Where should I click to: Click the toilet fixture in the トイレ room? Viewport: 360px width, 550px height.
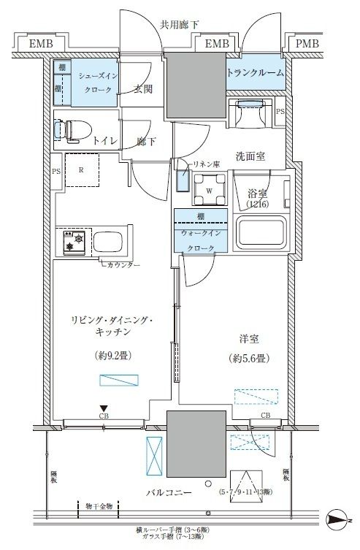click(x=73, y=131)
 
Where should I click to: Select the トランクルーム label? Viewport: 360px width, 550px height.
click(x=256, y=72)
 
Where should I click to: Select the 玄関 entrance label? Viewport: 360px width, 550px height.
click(x=143, y=90)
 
